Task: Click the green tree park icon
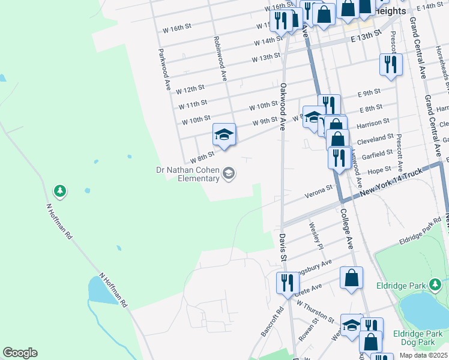59,191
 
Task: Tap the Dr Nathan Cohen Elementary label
190,174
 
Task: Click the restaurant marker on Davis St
287,283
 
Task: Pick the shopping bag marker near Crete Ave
351,278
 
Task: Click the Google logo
20,353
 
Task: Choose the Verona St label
318,191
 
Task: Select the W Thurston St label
315,313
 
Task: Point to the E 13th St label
366,36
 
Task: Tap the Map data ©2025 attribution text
423,355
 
